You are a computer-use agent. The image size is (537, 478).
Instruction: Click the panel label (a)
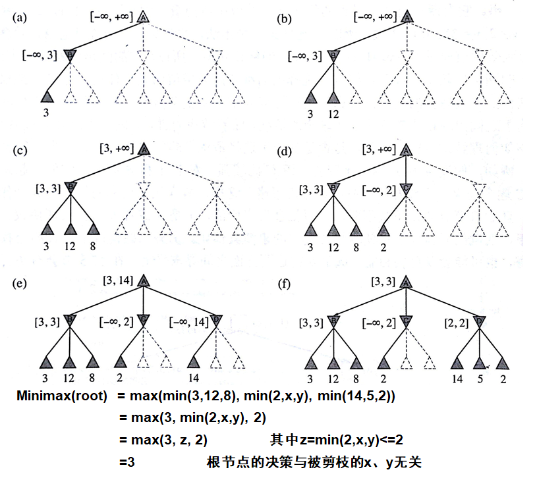[19, 18]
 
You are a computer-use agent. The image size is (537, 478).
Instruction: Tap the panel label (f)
[285, 284]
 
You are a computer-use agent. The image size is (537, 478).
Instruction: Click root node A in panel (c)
[143, 149]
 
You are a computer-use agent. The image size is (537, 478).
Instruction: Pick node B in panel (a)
[71, 55]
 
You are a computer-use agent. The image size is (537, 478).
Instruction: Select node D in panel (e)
[217, 321]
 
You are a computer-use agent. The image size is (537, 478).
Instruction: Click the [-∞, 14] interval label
[189, 322]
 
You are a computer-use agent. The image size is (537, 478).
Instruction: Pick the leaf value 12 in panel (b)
[334, 115]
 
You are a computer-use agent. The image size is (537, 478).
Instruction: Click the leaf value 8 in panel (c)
[93, 247]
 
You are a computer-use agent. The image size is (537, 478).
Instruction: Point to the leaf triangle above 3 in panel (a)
[47, 97]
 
